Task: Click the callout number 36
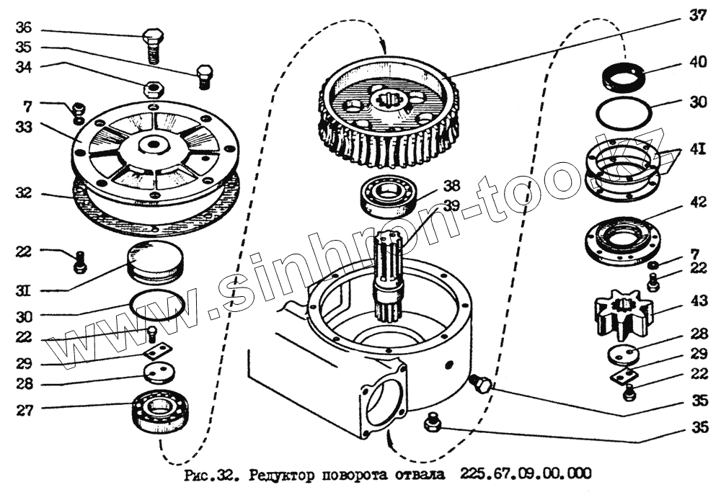[x=24, y=29]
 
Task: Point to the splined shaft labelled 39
[x=389, y=274]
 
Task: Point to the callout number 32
[x=24, y=194]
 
